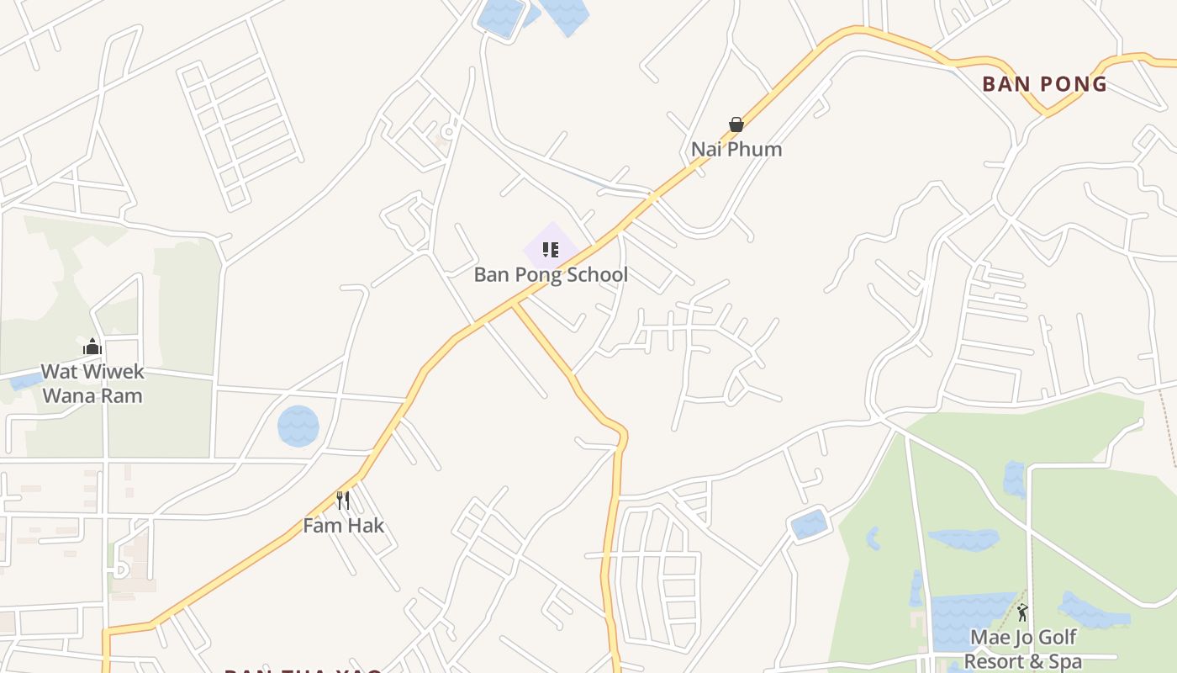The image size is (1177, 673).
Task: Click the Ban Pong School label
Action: coord(551,275)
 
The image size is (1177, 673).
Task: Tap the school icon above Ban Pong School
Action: coord(551,249)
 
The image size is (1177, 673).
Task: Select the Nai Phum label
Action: coord(736,150)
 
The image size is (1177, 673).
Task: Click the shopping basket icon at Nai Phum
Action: coord(736,125)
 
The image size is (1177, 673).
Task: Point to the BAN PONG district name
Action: coord(1045,84)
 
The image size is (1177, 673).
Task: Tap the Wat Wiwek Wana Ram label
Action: coord(92,384)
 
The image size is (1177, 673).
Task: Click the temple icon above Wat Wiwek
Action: coord(92,347)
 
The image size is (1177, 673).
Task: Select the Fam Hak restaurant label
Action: coord(344,526)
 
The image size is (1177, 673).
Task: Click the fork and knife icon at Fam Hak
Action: coord(343,501)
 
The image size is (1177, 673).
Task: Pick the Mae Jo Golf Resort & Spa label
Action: coord(1022,649)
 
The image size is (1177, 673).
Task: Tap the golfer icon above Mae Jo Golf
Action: coord(1022,612)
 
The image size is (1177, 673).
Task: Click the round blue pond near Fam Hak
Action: coord(298,427)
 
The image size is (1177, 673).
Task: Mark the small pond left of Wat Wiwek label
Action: coord(25,381)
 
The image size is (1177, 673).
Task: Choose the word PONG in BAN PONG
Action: coord(1073,84)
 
